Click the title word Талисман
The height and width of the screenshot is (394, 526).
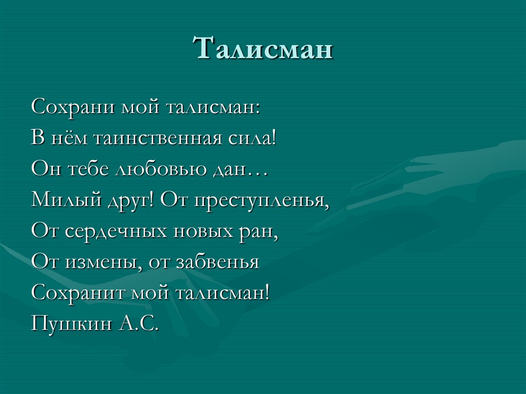262,49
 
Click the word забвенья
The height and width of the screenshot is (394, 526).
218,262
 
